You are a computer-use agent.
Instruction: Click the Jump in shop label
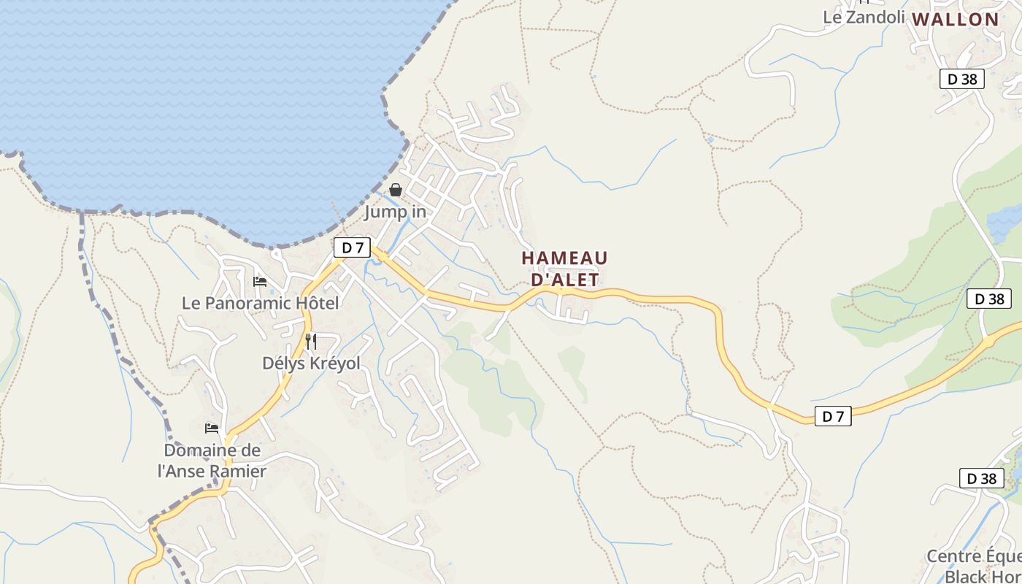click(395, 212)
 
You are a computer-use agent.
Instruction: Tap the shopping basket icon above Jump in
click(395, 190)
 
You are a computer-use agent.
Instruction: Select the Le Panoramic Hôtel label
click(260, 303)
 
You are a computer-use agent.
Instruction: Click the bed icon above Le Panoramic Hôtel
click(260, 282)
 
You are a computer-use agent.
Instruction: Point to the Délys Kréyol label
click(311, 363)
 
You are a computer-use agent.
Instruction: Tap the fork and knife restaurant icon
click(311, 341)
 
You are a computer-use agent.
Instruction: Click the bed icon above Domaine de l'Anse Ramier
click(212, 429)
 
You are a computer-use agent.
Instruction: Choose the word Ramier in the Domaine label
click(238, 471)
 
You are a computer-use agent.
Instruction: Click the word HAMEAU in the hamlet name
click(564, 258)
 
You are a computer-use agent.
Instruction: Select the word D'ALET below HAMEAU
click(564, 280)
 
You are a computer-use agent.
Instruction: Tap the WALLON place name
click(955, 20)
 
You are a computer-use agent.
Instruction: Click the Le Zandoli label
click(864, 17)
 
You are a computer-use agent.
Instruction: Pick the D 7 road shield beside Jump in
click(352, 247)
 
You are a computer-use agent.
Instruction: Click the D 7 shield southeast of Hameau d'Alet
click(833, 417)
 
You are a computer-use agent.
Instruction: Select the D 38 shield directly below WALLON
click(962, 79)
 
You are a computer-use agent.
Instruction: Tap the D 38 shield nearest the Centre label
click(981, 479)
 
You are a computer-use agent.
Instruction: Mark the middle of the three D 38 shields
click(989, 299)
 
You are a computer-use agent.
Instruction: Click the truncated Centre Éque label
click(974, 556)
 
